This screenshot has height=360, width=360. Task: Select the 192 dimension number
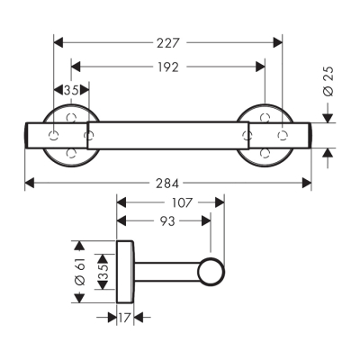click(x=166, y=66)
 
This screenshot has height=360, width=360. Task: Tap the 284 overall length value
click(x=166, y=183)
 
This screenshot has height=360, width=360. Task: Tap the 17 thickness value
click(x=124, y=317)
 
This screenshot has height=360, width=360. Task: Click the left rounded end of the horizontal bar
click(x=29, y=133)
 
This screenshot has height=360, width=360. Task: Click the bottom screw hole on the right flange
click(x=265, y=154)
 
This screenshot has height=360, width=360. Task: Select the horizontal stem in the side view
click(x=166, y=269)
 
